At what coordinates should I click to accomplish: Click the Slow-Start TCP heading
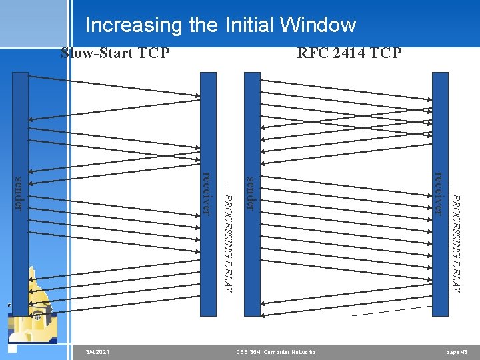115,53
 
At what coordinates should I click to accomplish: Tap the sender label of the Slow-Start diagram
21,193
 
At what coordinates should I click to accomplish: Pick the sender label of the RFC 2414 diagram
251,193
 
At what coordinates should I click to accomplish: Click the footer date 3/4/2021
98,351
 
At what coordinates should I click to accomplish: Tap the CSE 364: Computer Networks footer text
276,351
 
